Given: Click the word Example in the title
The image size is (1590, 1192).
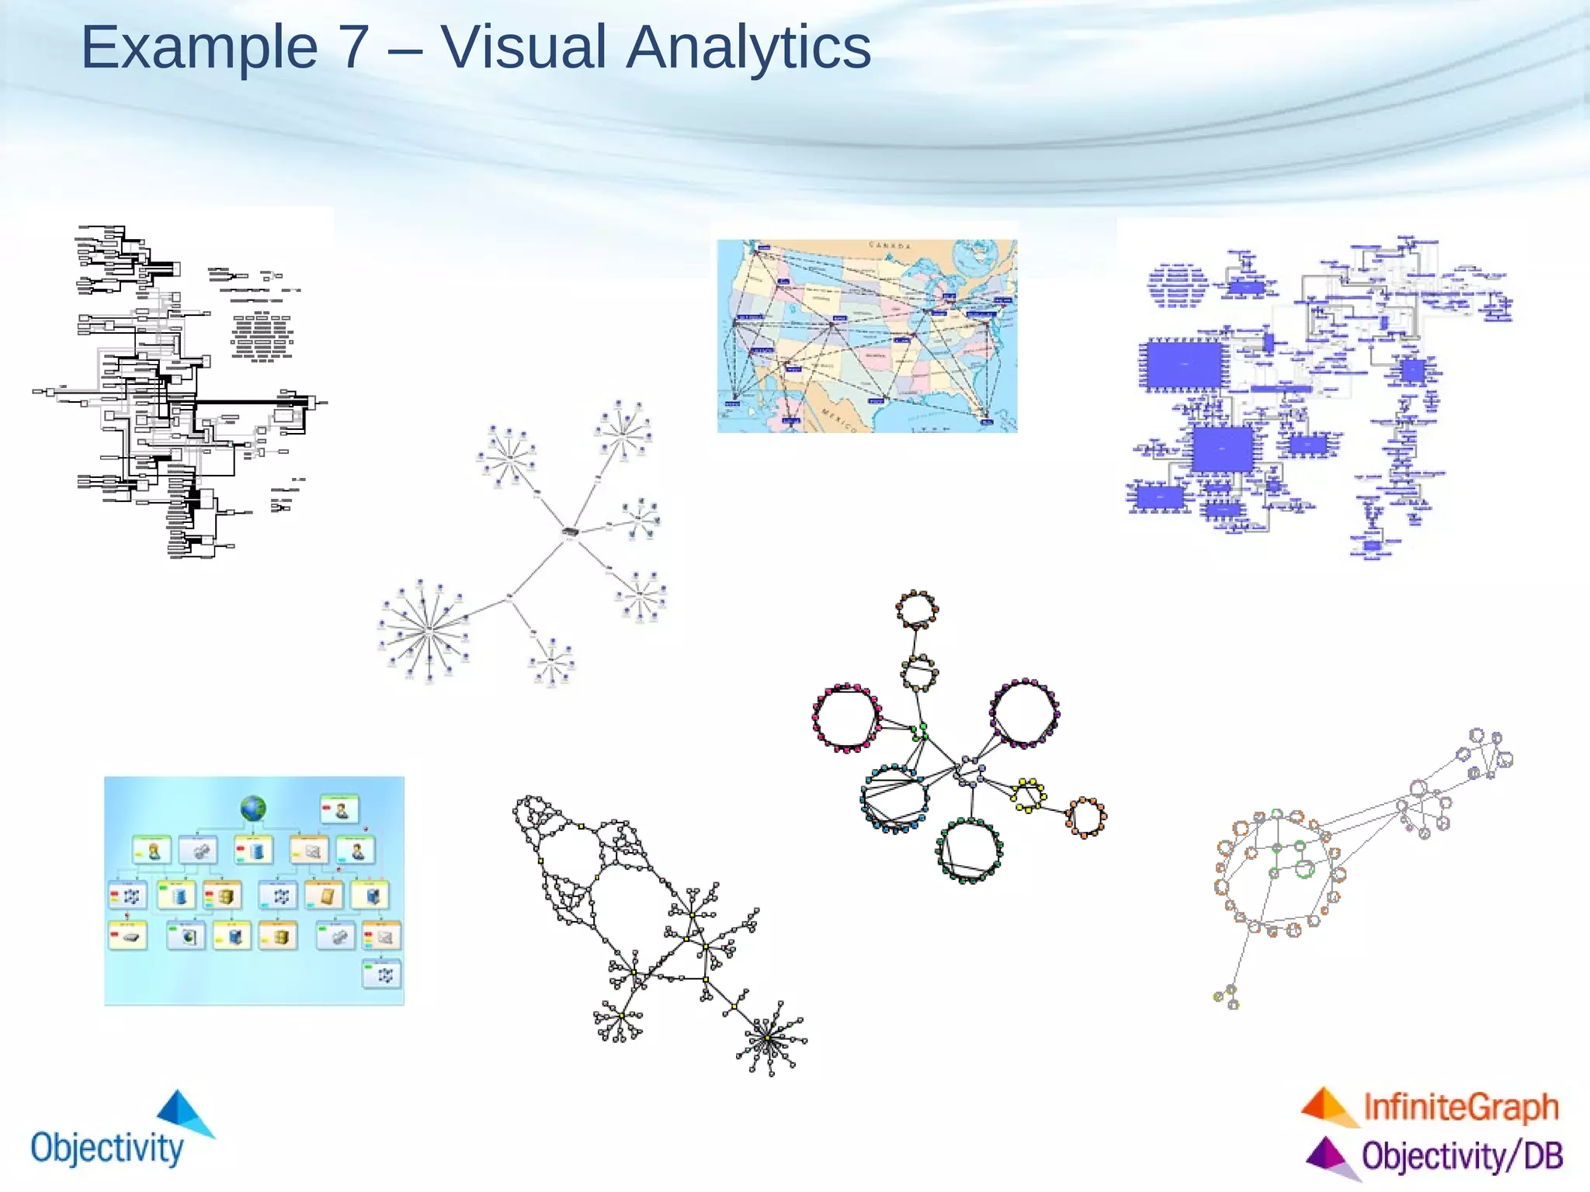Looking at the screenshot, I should click(x=199, y=48).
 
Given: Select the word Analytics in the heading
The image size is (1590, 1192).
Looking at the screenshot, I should click(x=748, y=48).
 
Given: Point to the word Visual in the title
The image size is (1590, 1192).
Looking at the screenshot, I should click(x=523, y=48).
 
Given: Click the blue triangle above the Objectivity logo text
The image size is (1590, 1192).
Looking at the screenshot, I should click(x=183, y=1111).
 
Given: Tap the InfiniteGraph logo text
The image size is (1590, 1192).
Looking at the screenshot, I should click(x=1460, y=1107).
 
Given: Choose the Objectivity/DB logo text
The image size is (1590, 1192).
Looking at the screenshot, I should click(x=1462, y=1156).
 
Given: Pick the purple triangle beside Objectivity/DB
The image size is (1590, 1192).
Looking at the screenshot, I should click(x=1328, y=1155).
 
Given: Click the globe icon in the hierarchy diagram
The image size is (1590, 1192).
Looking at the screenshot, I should click(x=253, y=809).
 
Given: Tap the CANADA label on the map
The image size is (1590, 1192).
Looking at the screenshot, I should click(x=890, y=245).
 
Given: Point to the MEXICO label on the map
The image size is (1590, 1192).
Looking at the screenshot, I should click(x=839, y=419).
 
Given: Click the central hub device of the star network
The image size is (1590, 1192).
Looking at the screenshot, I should click(x=571, y=532).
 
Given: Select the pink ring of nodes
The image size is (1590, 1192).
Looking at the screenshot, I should click(x=845, y=718).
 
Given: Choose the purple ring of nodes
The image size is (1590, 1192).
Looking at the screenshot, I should click(x=1024, y=713).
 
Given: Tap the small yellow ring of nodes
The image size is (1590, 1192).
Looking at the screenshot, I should click(x=1028, y=795).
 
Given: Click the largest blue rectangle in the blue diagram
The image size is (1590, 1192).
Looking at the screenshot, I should click(x=1184, y=365).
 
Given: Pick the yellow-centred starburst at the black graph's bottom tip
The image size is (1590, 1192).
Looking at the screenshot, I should click(x=768, y=1038).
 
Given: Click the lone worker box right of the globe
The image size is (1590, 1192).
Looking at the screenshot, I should click(x=339, y=809).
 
